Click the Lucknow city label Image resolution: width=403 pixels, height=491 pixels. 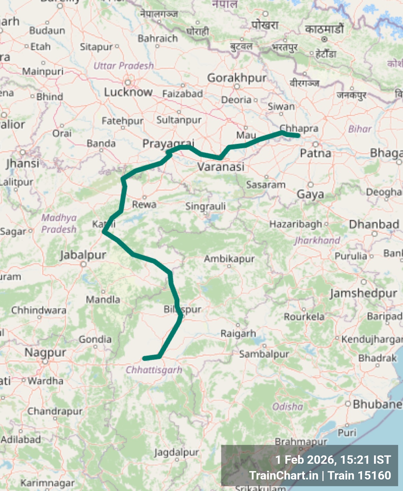(x=128, y=92)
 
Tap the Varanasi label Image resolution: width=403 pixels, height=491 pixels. (x=221, y=167)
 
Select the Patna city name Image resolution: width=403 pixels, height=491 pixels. (x=315, y=153)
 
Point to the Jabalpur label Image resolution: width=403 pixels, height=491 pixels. (x=83, y=255)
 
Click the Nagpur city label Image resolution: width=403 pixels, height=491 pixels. (x=45, y=352)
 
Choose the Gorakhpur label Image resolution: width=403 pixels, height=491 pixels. (x=237, y=78)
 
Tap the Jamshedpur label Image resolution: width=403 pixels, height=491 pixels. (x=364, y=293)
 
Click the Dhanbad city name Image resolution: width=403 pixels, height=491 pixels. (x=374, y=224)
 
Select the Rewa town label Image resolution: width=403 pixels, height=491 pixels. (x=144, y=204)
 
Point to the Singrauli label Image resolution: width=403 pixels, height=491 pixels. (x=206, y=206)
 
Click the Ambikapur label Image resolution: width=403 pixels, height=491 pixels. (x=229, y=259)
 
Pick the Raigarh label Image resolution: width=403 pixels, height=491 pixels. (x=238, y=334)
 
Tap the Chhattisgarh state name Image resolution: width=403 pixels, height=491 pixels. (x=154, y=370)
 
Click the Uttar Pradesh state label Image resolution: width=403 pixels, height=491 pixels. (x=123, y=66)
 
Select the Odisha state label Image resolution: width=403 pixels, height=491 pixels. (x=288, y=406)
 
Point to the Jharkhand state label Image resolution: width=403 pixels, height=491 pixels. (x=317, y=240)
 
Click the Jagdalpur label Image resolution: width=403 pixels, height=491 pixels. (x=177, y=453)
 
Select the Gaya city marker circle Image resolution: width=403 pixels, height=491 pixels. (x=310, y=185)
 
